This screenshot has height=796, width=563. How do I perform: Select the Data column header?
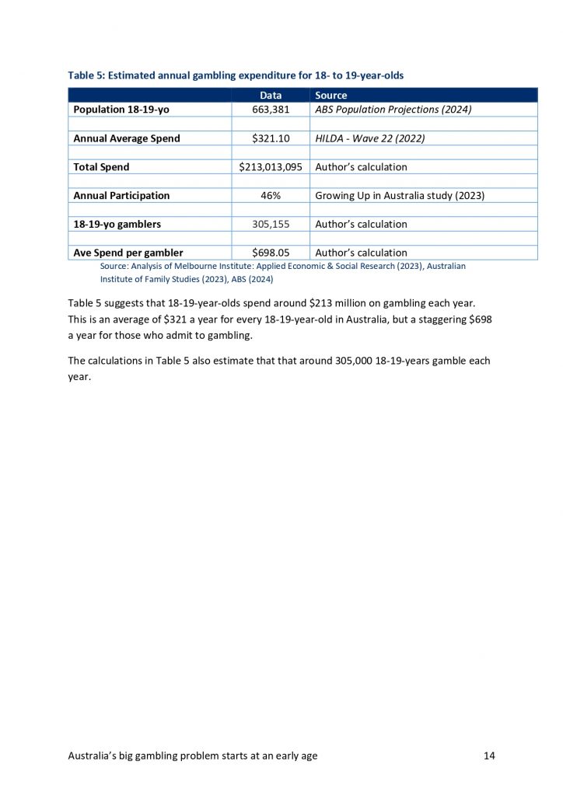click(271, 96)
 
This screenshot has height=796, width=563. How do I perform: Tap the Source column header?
click(331, 96)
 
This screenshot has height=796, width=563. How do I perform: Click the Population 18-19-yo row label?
click(121, 110)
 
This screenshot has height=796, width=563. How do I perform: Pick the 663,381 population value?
click(271, 110)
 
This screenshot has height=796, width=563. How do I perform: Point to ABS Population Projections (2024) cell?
click(393, 110)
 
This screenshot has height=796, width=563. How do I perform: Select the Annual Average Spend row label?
click(127, 138)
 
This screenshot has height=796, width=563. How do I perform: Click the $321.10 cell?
click(271, 138)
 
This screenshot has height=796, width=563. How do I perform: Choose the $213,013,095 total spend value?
click(271, 167)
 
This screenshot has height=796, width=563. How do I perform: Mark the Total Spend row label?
click(101, 167)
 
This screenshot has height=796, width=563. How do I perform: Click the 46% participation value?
click(271, 196)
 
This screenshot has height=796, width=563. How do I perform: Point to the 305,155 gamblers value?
click(271, 224)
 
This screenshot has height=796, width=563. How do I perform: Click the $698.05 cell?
click(271, 253)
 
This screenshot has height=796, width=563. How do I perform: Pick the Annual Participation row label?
click(121, 196)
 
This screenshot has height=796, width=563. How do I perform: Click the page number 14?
click(488, 755)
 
